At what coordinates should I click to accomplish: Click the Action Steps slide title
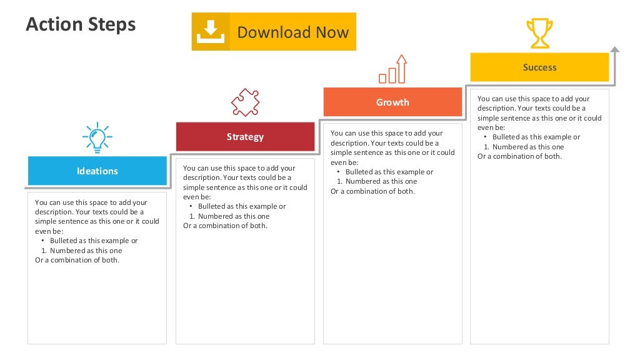pyautogui.click(x=81, y=25)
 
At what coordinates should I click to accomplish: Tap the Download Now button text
pyautogui.click(x=292, y=32)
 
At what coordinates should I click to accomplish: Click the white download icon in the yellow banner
pyautogui.click(x=211, y=31)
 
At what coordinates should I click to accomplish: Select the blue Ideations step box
pyautogui.click(x=97, y=171)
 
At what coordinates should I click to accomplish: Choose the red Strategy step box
pyautogui.click(x=245, y=137)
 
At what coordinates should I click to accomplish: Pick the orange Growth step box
pyautogui.click(x=392, y=102)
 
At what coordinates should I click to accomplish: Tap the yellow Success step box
pyautogui.click(x=539, y=67)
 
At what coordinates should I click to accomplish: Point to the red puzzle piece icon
pyautogui.click(x=245, y=102)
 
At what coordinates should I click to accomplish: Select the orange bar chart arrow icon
pyautogui.click(x=392, y=69)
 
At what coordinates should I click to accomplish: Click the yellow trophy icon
pyautogui.click(x=539, y=33)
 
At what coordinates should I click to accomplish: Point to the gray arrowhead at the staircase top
pyautogui.click(x=615, y=49)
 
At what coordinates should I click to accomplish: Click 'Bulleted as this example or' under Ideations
pyautogui.click(x=94, y=241)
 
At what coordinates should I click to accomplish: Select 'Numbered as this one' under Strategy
pyautogui.click(x=234, y=216)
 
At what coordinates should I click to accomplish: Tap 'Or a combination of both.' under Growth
pyautogui.click(x=372, y=191)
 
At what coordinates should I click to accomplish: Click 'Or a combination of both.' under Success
pyautogui.click(x=519, y=156)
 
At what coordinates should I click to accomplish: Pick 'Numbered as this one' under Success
pyautogui.click(x=528, y=147)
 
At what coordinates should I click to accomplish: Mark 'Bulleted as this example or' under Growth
pyautogui.click(x=389, y=172)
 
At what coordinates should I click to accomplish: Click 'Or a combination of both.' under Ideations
pyautogui.click(x=77, y=260)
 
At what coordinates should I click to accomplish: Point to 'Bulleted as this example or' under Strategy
pyautogui.click(x=242, y=206)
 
